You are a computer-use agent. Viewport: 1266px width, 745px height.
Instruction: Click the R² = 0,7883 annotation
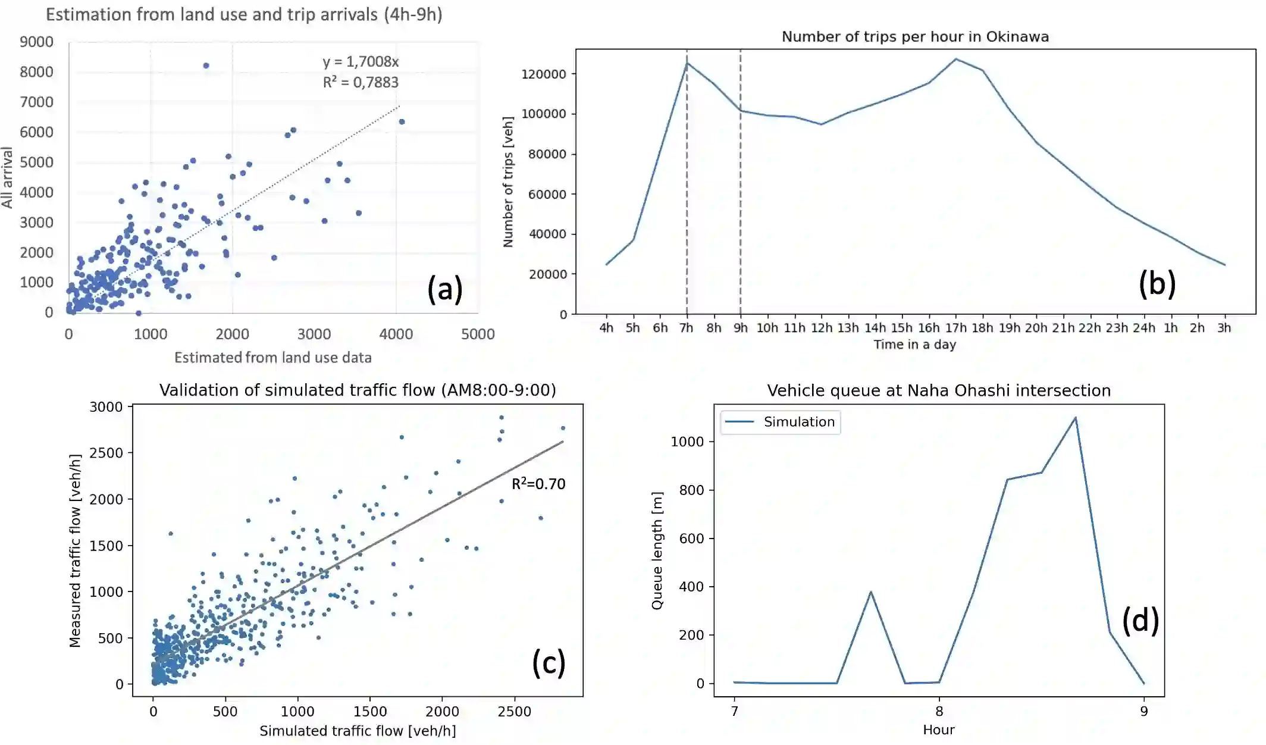click(361, 82)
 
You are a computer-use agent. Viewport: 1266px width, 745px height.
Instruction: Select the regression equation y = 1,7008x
click(361, 62)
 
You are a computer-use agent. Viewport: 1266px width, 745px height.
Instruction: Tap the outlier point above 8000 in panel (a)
click(206, 65)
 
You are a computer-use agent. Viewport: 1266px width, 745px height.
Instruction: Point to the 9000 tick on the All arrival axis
click(36, 42)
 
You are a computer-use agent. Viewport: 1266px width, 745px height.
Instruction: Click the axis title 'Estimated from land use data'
click(272, 358)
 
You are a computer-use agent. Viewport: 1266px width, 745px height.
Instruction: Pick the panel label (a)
click(444, 290)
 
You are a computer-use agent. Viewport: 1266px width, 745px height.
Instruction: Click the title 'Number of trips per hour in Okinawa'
click(914, 37)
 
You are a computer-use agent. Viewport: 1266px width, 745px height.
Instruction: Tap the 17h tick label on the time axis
click(955, 328)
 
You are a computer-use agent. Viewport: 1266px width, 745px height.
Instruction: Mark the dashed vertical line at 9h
click(740, 179)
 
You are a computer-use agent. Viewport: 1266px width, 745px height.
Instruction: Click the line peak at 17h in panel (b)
click(956, 59)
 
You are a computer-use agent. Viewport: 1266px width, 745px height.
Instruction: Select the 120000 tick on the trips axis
click(543, 74)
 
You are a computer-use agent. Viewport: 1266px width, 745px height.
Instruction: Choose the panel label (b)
click(1157, 283)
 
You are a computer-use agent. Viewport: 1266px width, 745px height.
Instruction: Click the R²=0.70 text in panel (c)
click(538, 484)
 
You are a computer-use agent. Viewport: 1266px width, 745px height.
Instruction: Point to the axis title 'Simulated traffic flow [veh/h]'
click(358, 731)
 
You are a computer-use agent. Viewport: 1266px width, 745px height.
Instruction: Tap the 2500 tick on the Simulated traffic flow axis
click(514, 712)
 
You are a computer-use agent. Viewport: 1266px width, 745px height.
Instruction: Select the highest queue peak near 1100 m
click(1075, 418)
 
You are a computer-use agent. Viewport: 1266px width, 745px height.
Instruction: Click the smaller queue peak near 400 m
click(870, 591)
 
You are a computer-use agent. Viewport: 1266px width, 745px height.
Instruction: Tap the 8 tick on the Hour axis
click(939, 711)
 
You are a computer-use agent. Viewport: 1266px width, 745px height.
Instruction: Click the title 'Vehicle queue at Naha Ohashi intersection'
click(938, 391)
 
